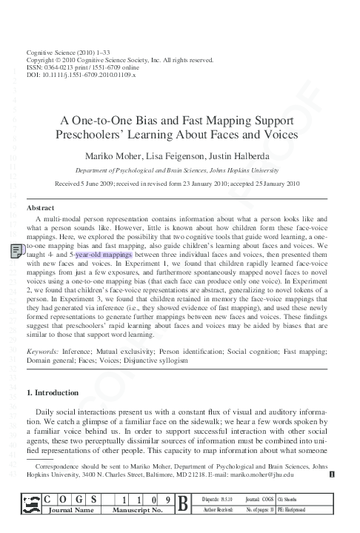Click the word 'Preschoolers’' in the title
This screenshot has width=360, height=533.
pyautogui.click(x=113, y=136)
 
